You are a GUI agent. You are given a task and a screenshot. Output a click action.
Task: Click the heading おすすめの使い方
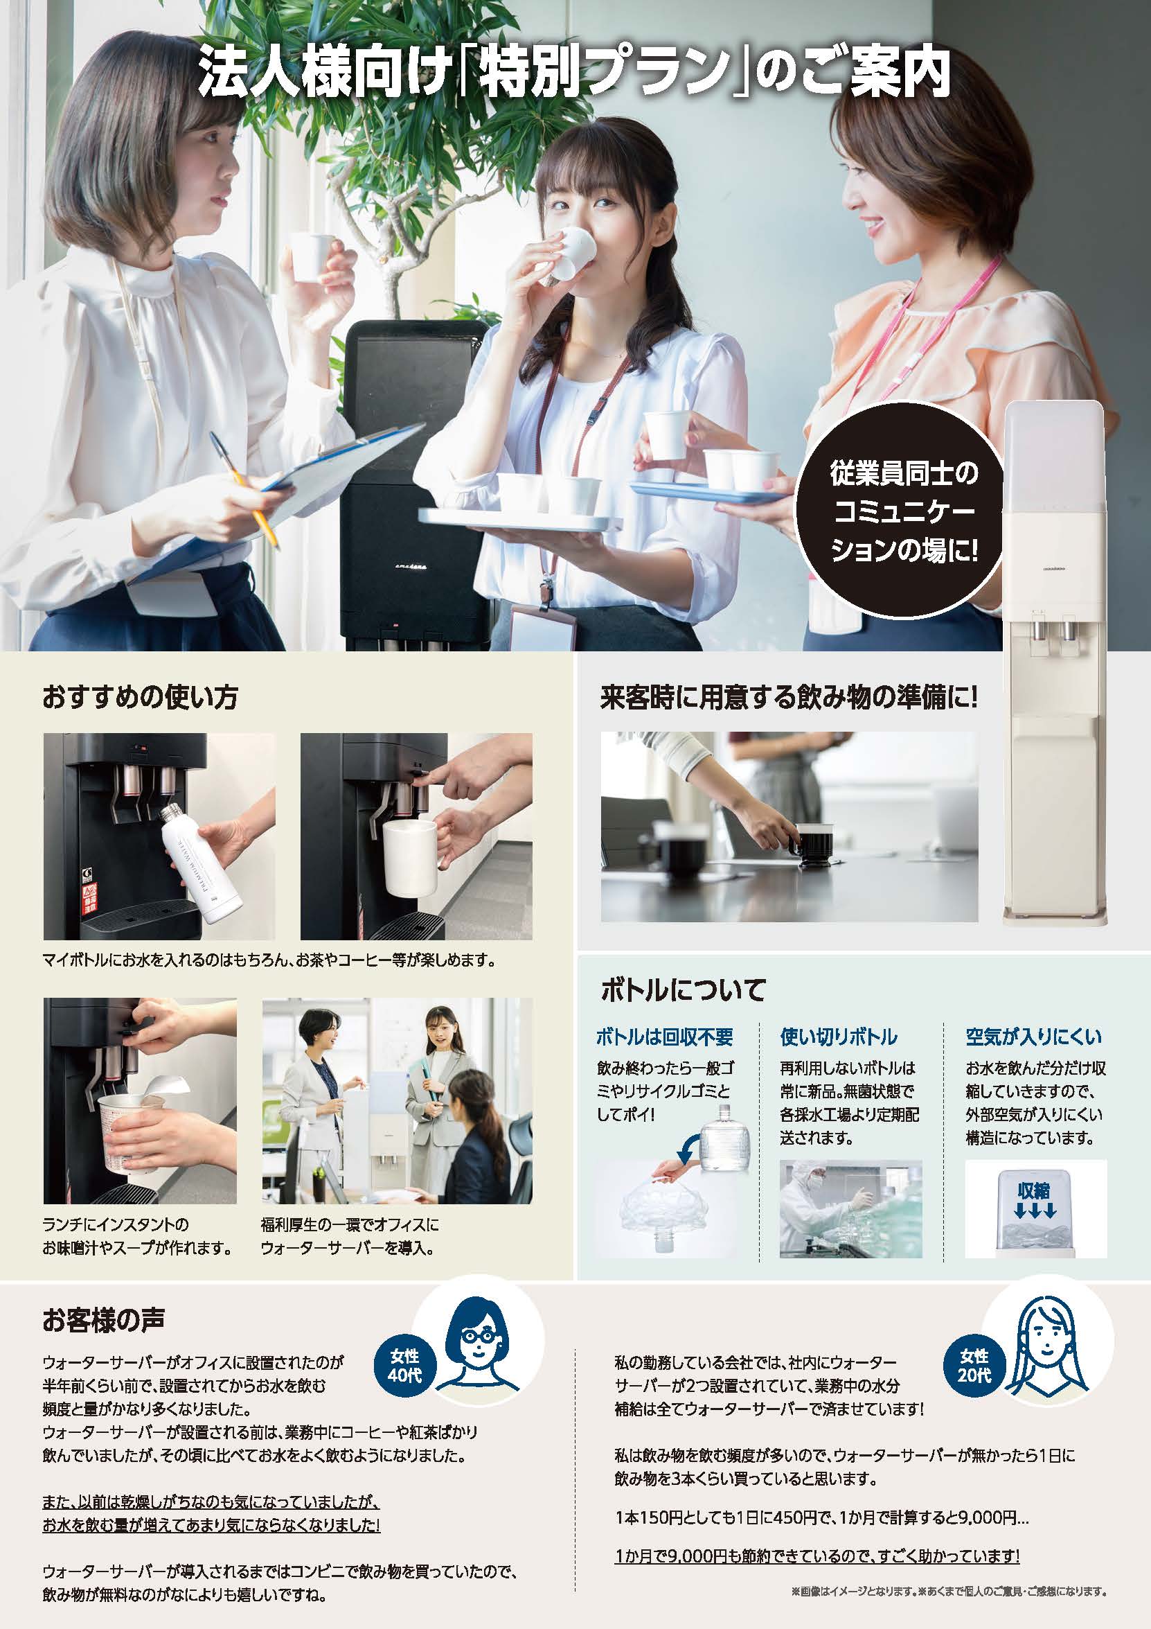pyautogui.click(x=141, y=698)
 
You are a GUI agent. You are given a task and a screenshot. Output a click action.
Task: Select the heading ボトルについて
pyautogui.click(x=683, y=989)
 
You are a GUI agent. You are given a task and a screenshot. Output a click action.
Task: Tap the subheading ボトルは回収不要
pyautogui.click(x=663, y=1037)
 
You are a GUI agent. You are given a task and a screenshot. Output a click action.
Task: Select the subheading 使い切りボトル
pyautogui.click(x=839, y=1037)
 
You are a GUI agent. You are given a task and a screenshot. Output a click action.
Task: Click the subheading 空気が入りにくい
pyautogui.click(x=1033, y=1037)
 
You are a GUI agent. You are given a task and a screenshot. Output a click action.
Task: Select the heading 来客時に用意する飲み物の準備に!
pyautogui.click(x=789, y=698)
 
